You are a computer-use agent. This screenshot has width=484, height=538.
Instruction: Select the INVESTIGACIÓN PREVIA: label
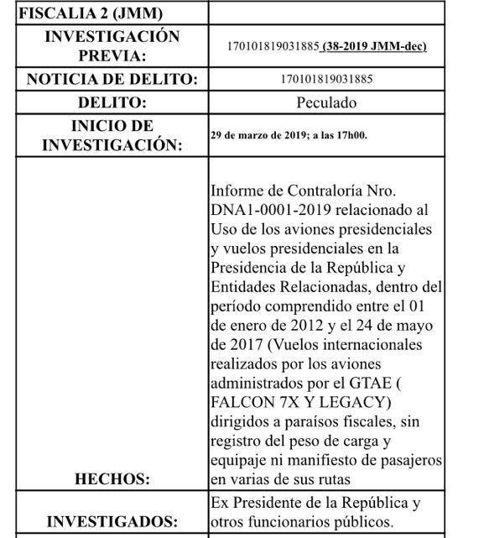[x=112, y=46]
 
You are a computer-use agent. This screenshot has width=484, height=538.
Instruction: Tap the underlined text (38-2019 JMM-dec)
[x=373, y=46]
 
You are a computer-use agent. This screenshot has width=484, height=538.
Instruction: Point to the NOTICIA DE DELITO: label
[x=112, y=80]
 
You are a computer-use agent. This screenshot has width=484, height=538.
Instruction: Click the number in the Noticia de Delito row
[x=326, y=80]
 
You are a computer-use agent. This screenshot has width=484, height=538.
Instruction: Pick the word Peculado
[x=326, y=103]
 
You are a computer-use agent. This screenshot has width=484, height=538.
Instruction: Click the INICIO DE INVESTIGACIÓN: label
[x=112, y=135]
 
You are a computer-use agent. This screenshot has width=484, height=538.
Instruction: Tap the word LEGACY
[x=357, y=403]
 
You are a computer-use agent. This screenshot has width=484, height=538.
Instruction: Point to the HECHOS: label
[x=112, y=479]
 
